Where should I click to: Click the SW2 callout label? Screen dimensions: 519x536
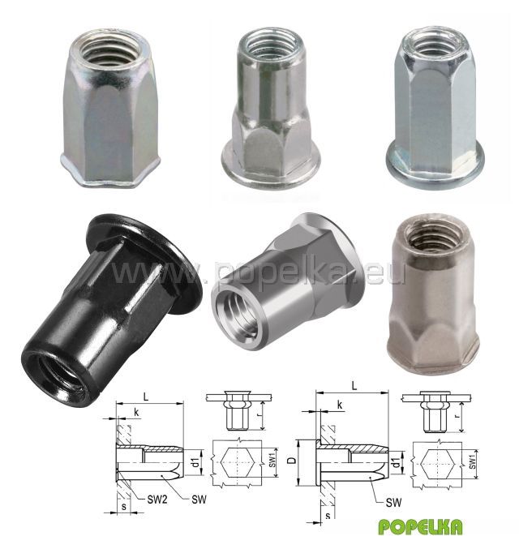[x=157, y=500]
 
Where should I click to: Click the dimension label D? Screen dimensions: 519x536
[x=292, y=460]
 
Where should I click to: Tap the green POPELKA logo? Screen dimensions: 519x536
[x=421, y=525]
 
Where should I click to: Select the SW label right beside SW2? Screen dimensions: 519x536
[x=199, y=500]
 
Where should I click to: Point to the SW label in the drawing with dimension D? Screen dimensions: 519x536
[x=393, y=503]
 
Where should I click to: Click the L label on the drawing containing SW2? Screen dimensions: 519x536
[x=146, y=397]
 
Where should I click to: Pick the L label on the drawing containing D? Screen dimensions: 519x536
[x=354, y=386]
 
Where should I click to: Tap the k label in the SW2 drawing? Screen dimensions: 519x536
[x=136, y=412]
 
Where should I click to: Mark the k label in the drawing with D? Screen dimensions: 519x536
[x=340, y=405]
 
